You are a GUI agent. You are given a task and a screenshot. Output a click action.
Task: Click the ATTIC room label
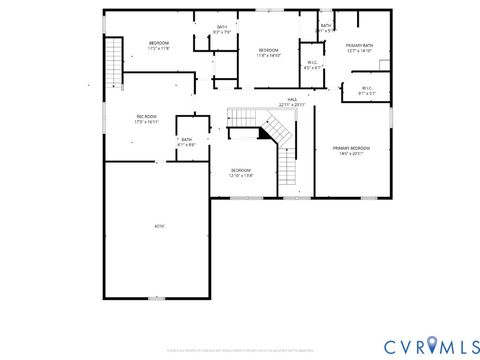pos(159,226)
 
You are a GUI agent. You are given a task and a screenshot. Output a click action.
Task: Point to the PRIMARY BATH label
pos(359,46)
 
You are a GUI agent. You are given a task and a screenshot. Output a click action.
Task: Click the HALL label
pos(293,100)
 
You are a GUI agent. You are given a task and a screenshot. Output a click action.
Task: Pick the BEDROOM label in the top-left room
pos(159,43)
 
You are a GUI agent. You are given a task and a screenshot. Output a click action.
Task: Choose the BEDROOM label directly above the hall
pos(268,50)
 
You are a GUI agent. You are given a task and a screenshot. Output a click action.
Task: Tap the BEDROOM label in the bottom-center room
pos(241,170)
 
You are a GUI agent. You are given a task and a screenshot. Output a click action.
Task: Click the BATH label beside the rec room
pos(186,140)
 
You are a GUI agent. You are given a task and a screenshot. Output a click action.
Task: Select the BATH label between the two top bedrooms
pos(222,27)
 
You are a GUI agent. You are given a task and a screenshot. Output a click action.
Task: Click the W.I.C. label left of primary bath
pos(312,63)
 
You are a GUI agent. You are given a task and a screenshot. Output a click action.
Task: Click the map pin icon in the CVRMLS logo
pos(433,344)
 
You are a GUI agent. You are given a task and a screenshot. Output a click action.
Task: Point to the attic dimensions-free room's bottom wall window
pos(155,298)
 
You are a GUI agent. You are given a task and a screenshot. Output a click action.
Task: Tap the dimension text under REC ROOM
pos(148,123)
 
